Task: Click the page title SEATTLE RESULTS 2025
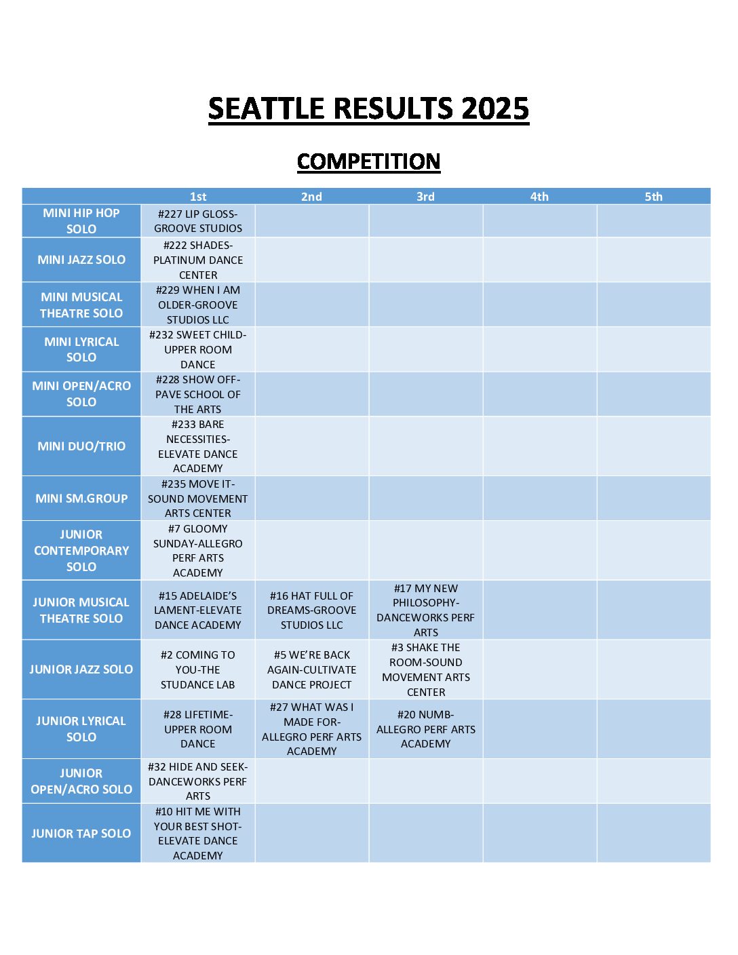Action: pyautogui.click(x=368, y=109)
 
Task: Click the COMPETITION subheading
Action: pyautogui.click(x=368, y=161)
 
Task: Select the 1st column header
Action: pyautogui.click(x=198, y=197)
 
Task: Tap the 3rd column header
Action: pyautogui.click(x=425, y=197)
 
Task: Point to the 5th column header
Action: pyautogui.click(x=653, y=197)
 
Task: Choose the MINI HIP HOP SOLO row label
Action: pyautogui.click(x=81, y=221)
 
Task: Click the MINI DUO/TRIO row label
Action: pyautogui.click(x=81, y=446)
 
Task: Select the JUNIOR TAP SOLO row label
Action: pyautogui.click(x=81, y=834)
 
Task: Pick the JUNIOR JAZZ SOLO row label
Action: pyautogui.click(x=81, y=669)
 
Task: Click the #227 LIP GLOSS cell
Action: pyautogui.click(x=198, y=221)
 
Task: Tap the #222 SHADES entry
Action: pyautogui.click(x=198, y=260)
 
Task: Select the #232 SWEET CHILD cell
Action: pyautogui.click(x=198, y=349)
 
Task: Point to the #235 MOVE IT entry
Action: pyautogui.click(x=198, y=499)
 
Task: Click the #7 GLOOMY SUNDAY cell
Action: pyautogui.click(x=198, y=551)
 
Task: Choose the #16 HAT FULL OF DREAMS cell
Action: pyautogui.click(x=312, y=610)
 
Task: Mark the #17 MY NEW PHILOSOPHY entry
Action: pyautogui.click(x=426, y=610)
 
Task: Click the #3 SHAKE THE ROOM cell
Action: pyautogui.click(x=426, y=669)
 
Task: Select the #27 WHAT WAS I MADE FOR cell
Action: pyautogui.click(x=312, y=729)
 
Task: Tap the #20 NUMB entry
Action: pyautogui.click(x=426, y=729)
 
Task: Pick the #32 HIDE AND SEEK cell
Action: pyautogui.click(x=198, y=781)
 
